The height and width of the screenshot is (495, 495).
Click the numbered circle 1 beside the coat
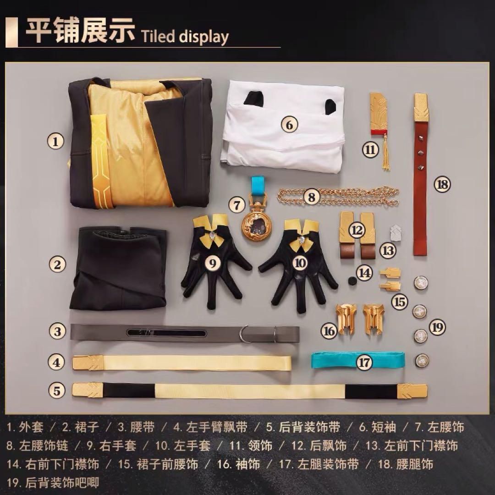pos(56,141)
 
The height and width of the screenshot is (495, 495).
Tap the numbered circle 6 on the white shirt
pos(290,125)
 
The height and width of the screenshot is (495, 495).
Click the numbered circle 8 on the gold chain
pos(312,197)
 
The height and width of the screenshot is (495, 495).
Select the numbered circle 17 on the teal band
pos(364,362)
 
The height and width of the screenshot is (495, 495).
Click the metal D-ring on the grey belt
pos(244,334)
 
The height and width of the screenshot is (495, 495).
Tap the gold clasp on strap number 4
pos(88,363)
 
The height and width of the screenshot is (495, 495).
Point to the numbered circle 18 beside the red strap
pos(442,184)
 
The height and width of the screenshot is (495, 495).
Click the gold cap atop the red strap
pos(422,107)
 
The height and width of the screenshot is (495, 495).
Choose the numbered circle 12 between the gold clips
pos(357,230)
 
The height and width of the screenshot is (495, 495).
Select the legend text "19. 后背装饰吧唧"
pos(53,483)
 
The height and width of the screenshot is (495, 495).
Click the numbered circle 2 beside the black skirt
pos(57,264)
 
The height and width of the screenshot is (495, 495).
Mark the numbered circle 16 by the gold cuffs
pos(329,331)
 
